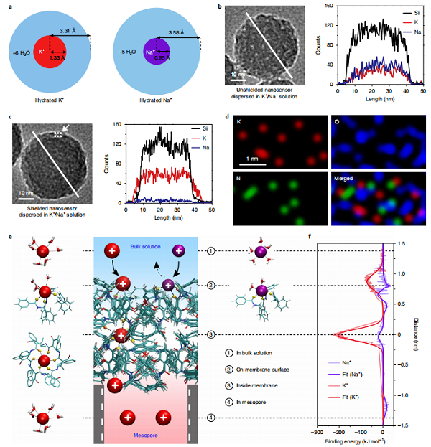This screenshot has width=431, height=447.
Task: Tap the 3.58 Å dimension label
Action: coord(178,29)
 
